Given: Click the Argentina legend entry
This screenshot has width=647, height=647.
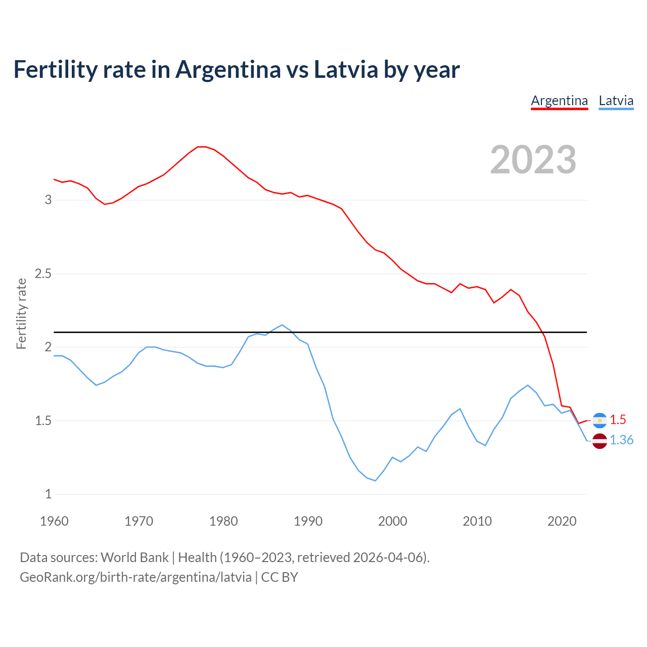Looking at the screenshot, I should [559, 101].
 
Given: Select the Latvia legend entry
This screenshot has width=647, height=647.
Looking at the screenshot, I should [616, 101].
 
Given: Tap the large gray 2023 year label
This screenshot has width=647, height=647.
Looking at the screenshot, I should [533, 160].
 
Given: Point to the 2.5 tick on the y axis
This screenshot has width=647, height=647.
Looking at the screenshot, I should [43, 274].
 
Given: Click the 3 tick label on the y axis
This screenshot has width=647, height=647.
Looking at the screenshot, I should [49, 200].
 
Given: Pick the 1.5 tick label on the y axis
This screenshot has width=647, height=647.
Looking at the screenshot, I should [43, 421].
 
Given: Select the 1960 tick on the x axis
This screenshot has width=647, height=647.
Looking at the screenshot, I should [54, 521].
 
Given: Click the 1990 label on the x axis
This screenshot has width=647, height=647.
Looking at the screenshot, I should [308, 521].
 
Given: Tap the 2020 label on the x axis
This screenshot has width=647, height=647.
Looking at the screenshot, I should [562, 521].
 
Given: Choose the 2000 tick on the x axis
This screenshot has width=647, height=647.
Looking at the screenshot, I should [392, 521].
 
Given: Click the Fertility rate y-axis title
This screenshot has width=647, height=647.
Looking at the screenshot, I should [21, 313].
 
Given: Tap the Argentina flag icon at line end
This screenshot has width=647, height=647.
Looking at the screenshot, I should [599, 420].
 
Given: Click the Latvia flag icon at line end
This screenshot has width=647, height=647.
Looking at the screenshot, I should [599, 441].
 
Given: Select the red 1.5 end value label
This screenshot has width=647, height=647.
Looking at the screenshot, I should [618, 420].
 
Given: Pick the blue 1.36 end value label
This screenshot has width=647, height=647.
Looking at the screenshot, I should [621, 440].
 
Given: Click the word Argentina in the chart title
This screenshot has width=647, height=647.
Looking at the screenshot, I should [227, 69].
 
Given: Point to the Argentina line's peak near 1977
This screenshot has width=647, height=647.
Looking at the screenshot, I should [201, 147].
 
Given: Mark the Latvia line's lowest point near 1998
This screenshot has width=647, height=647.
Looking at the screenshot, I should [375, 481].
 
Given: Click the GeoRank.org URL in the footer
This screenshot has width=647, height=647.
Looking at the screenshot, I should [135, 577].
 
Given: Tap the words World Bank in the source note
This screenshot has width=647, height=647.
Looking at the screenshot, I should [134, 558].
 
